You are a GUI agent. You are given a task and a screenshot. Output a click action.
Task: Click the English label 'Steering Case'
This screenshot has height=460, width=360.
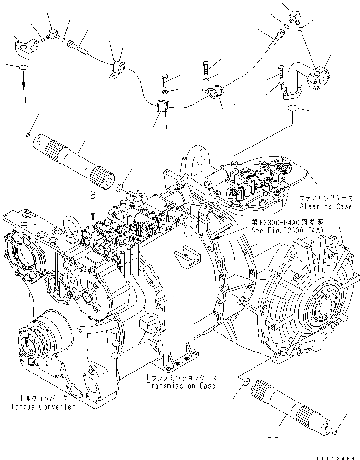[x=326, y=206]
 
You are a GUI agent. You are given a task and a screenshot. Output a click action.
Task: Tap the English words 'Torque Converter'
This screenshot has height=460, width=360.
[x=43, y=407]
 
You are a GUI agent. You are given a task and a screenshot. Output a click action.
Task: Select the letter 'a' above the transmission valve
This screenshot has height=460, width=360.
[x=92, y=195]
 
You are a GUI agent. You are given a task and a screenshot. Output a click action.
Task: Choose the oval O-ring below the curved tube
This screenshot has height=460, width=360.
[x=294, y=109]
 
